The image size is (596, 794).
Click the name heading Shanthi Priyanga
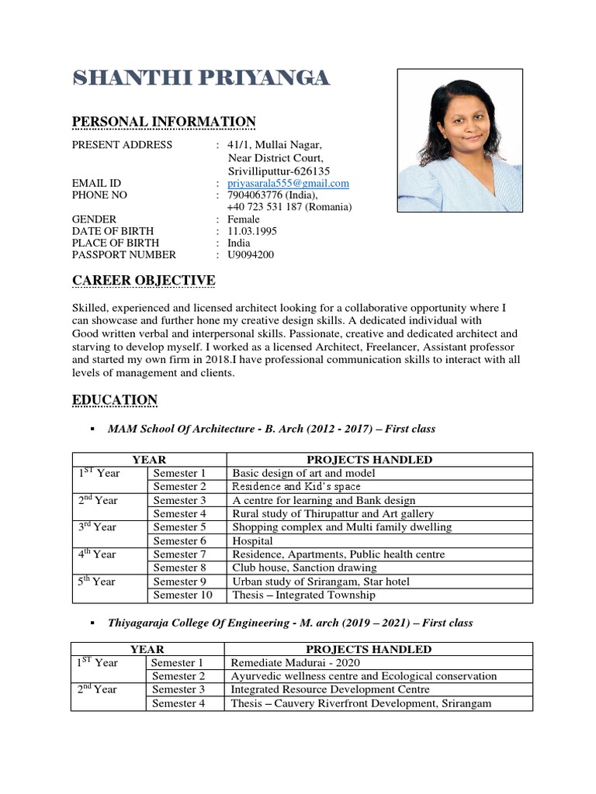pyautogui.click(x=201, y=78)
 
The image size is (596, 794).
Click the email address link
pyautogui.click(x=288, y=184)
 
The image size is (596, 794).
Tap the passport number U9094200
pyautogui.click(x=251, y=254)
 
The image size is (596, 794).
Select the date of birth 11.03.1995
pyautogui.click(x=252, y=231)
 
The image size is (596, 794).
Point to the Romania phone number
pyautogui.click(x=289, y=207)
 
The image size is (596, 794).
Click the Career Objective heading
pyautogui.click(x=144, y=280)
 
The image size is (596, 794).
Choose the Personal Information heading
pyautogui.click(x=164, y=122)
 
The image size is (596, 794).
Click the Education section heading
pyautogui.click(x=115, y=400)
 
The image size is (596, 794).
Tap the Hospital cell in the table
pyautogui.click(x=252, y=541)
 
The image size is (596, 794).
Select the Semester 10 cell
pyautogui.click(x=182, y=595)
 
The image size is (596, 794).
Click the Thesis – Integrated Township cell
pyautogui.click(x=303, y=595)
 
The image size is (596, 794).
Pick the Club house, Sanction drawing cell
pyautogui.click(x=310, y=568)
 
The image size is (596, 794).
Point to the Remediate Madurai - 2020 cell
pyautogui.click(x=295, y=663)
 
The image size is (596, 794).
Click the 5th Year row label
pyautogui.click(x=95, y=582)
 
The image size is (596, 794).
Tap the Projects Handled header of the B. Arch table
pyautogui.click(x=369, y=460)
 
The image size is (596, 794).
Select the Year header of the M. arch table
pyautogui.click(x=147, y=650)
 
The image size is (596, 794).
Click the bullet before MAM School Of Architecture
pyautogui.click(x=92, y=429)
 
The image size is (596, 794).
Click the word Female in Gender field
pyautogui.click(x=244, y=219)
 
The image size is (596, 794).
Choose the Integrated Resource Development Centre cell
pyautogui.click(x=330, y=690)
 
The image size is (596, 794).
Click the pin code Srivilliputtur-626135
pyautogui.click(x=279, y=171)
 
